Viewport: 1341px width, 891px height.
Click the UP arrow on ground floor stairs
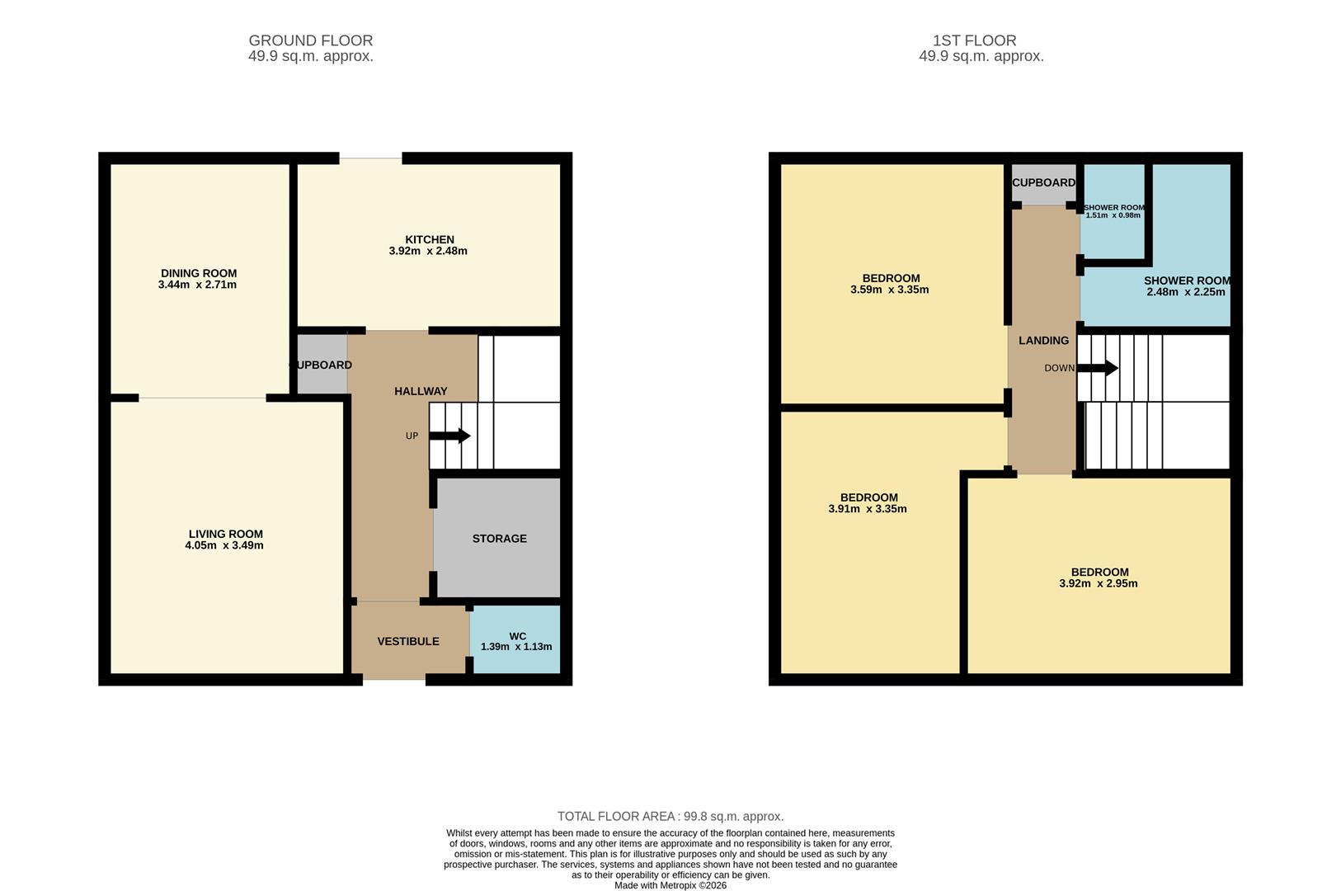tap(449, 436)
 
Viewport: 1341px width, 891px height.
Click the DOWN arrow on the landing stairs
tap(1098, 368)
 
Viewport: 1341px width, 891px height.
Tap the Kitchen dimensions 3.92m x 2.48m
tap(428, 251)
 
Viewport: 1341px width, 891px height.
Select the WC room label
tap(517, 636)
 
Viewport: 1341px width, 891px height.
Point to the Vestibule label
tap(408, 641)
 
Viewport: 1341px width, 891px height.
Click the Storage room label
tap(499, 538)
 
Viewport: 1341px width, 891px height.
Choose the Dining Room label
tap(198, 273)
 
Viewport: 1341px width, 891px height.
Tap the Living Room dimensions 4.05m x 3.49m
tap(224, 545)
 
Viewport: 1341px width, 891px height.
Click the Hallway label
tap(421, 391)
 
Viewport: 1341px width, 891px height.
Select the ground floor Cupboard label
tap(322, 365)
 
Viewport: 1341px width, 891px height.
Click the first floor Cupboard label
tap(1043, 182)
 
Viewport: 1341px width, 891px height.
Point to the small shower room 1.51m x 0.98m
tap(1113, 211)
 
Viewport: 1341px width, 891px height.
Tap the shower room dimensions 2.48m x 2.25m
tap(1185, 292)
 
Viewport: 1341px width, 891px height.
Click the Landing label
tap(1043, 340)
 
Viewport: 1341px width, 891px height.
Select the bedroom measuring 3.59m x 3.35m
tap(890, 284)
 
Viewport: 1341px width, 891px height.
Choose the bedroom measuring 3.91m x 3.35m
tap(868, 503)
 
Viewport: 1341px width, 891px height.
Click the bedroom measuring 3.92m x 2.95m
tap(1099, 577)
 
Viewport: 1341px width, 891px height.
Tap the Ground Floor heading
tap(310, 40)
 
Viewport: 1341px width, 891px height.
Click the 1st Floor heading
tap(974, 40)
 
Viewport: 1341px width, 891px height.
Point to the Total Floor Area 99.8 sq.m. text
tap(670, 816)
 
